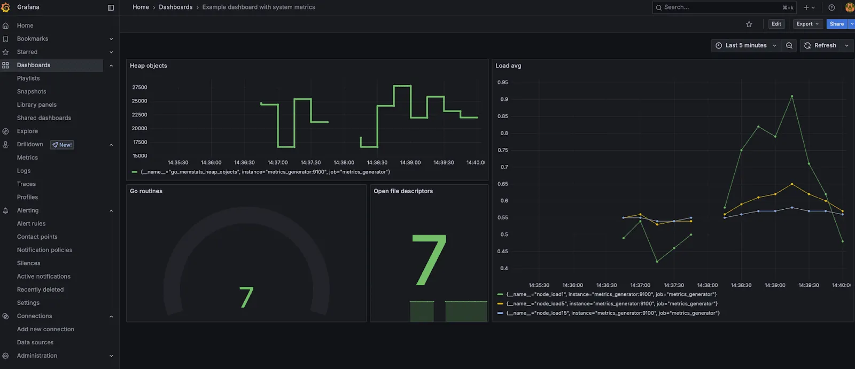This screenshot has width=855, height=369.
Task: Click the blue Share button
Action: click(x=836, y=24)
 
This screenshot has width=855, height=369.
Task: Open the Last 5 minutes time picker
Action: click(x=745, y=45)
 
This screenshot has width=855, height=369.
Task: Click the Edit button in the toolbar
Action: click(x=776, y=24)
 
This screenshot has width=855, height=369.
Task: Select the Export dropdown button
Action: click(x=807, y=24)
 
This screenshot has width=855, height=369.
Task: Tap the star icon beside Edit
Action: click(x=749, y=24)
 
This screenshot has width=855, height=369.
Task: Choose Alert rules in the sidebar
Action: click(x=31, y=224)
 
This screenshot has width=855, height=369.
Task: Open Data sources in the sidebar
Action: click(x=35, y=342)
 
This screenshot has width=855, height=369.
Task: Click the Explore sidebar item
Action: click(x=27, y=131)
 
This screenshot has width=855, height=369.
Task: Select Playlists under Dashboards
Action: click(x=28, y=78)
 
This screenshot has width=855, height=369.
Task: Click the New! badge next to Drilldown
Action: click(x=62, y=145)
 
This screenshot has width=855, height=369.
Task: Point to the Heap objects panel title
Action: click(x=149, y=66)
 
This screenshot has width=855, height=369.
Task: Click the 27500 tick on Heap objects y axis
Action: click(x=139, y=88)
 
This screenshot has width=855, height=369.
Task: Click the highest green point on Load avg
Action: click(x=791, y=97)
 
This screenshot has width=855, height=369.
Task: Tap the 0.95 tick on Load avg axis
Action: click(x=502, y=83)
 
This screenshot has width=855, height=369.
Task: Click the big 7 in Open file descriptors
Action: click(x=429, y=260)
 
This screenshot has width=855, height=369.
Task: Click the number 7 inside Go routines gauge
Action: click(x=246, y=297)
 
